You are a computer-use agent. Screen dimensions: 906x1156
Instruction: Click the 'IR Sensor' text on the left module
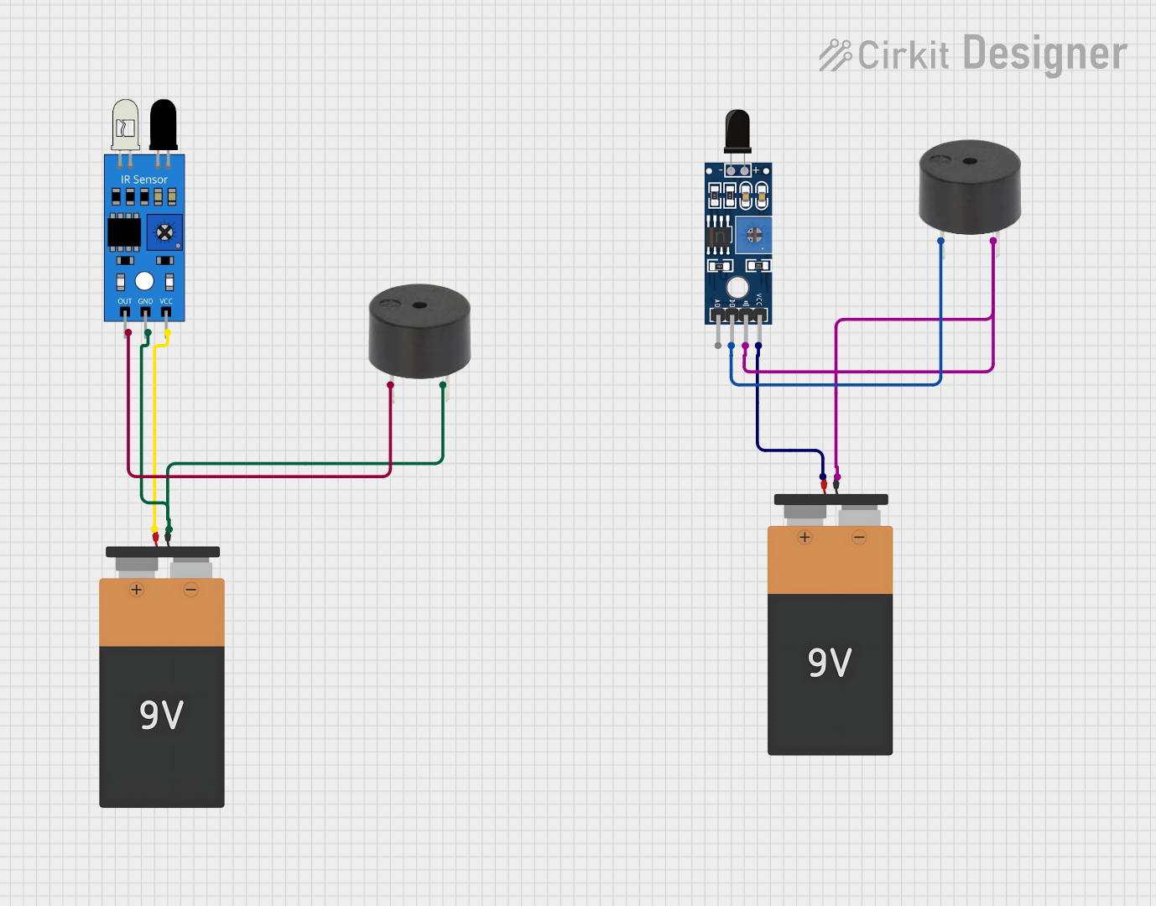coord(144,180)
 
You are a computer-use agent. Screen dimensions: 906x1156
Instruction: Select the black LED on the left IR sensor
coord(163,124)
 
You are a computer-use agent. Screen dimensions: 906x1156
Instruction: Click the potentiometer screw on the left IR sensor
coord(165,232)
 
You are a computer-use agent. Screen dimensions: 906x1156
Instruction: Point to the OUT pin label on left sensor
coord(124,301)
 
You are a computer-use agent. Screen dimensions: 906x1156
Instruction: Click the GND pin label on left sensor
coord(145,301)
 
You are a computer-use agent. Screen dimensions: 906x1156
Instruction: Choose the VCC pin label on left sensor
coord(166,301)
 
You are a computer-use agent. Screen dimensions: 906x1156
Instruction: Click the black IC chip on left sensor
coord(124,232)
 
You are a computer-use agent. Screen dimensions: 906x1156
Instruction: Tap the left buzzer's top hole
coord(419,305)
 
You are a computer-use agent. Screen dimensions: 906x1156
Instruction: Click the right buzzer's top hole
coord(970,161)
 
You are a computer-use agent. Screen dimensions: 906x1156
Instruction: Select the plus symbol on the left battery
coord(137,590)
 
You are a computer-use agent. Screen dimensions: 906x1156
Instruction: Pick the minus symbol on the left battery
coord(190,590)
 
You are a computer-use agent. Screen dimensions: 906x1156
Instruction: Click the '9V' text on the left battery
coord(161,715)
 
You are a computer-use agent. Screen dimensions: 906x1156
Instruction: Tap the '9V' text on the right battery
coord(830,663)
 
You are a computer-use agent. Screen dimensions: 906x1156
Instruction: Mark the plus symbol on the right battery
coord(805,537)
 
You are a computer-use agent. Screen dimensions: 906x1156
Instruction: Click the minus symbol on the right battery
coord(859,537)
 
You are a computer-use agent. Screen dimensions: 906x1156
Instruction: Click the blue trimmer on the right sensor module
coord(754,235)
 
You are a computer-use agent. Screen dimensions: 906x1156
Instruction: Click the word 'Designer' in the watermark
coord(1044,54)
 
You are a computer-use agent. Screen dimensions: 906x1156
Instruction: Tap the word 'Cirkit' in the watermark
coord(903,55)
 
